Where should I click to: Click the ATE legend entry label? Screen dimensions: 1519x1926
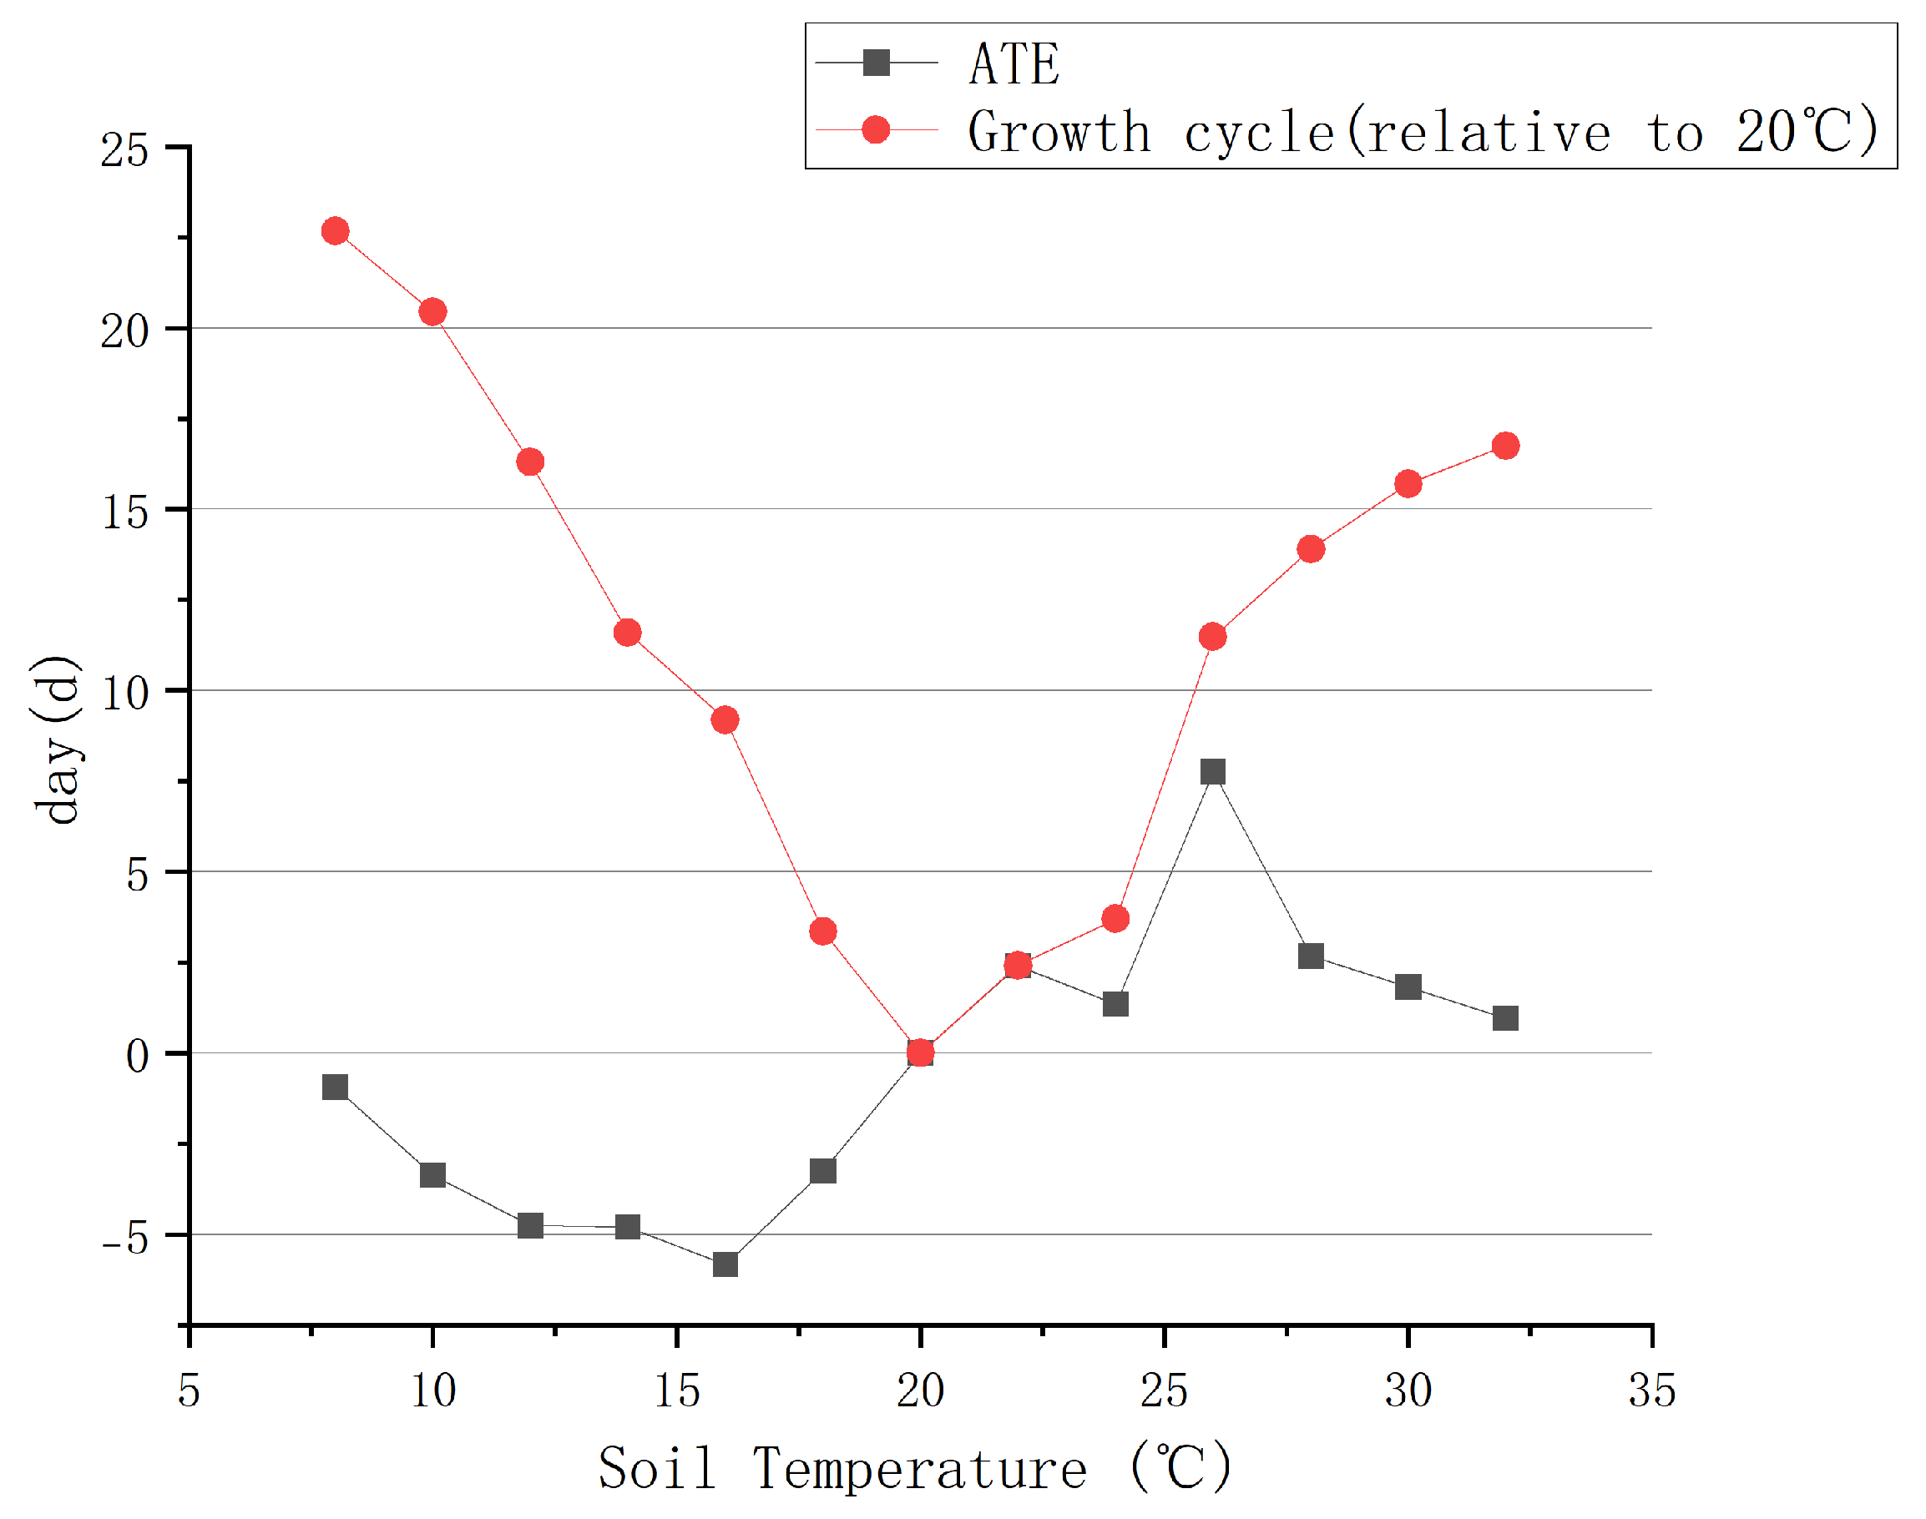tap(1014, 64)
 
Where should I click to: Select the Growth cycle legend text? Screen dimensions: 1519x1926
tap(1423, 132)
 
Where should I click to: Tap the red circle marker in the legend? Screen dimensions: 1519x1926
tap(877, 130)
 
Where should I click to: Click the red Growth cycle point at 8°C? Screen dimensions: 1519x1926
tap(336, 231)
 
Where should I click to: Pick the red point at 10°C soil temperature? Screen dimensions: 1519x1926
tap(432, 312)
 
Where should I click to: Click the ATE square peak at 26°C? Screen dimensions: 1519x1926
tap(1212, 772)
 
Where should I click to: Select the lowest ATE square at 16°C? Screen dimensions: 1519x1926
tap(725, 1264)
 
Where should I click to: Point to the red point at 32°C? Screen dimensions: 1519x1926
tap(1505, 446)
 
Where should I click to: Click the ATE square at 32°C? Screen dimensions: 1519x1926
tap(1505, 1018)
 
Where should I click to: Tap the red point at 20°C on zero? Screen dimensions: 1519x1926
tap(921, 1053)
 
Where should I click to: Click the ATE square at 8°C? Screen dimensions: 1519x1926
tap(336, 1088)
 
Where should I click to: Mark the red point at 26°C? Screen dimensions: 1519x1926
tap(1212, 637)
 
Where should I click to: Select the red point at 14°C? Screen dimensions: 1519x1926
tap(627, 633)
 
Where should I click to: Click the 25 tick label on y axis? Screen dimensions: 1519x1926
tap(124, 150)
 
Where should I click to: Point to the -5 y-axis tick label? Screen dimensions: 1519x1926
tap(124, 1237)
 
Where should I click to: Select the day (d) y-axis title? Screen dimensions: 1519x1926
tap(57, 740)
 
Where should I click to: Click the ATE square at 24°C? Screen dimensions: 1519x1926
tap(1115, 1004)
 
